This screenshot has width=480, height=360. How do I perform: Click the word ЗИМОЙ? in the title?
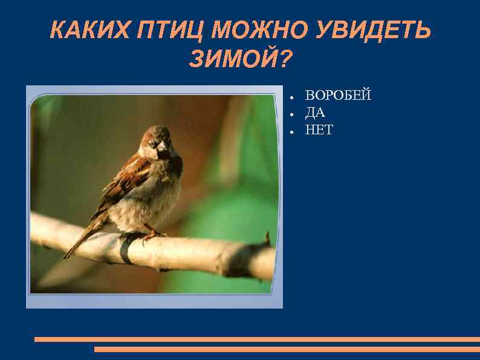[x=241, y=59]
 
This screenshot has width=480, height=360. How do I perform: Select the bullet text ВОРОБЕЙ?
[x=338, y=96]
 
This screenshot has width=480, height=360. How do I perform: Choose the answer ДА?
[x=315, y=113]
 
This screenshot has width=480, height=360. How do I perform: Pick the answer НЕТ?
[x=319, y=130]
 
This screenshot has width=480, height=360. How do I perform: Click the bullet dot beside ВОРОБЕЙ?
[x=291, y=96]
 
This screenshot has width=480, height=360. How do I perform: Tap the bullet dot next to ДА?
[x=291, y=114]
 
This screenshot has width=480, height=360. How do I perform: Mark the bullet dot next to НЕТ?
[x=291, y=131]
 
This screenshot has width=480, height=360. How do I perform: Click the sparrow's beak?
[x=161, y=146]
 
